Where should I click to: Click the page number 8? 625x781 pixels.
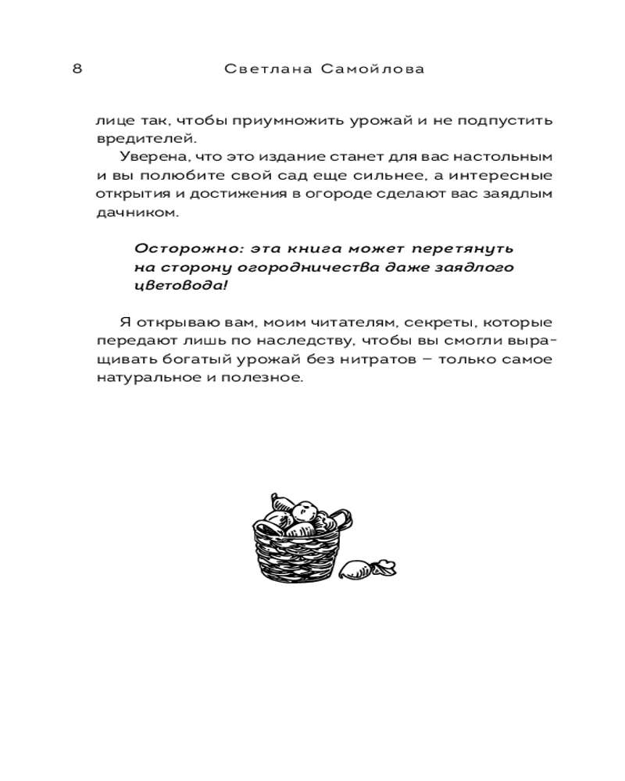(77, 69)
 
